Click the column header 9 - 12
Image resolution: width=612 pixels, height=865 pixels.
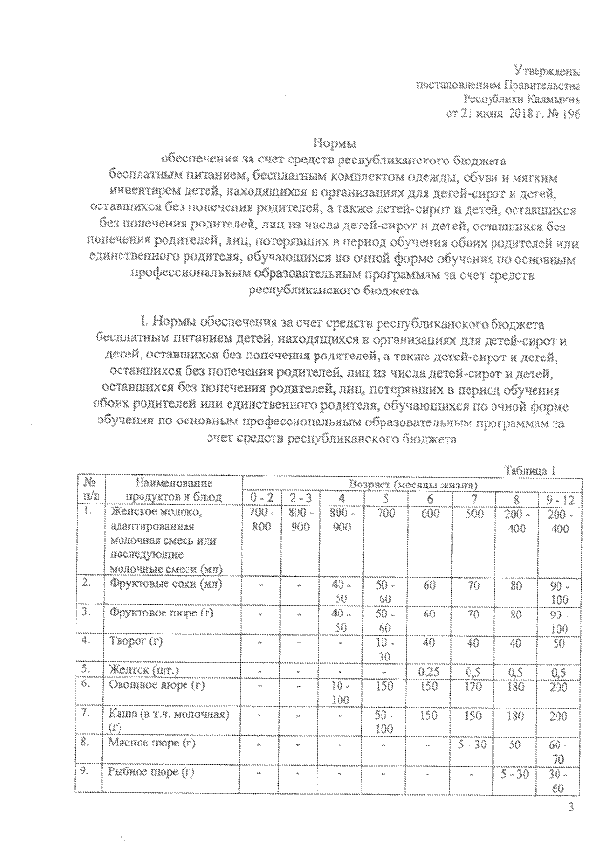click(557, 498)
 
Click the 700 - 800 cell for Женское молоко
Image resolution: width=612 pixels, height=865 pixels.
click(261, 520)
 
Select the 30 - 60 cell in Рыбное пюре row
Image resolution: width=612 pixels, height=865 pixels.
click(557, 779)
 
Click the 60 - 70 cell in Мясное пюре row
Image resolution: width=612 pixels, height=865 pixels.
click(557, 748)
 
